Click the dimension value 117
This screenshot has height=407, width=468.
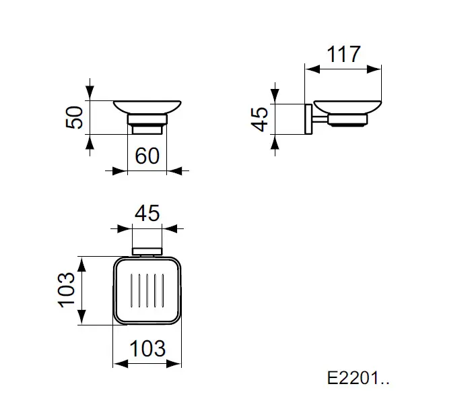tap(343, 55)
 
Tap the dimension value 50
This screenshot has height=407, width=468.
tap(74, 117)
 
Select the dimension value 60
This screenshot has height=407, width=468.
tap(147, 156)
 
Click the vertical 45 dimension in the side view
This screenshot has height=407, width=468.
tap(260, 119)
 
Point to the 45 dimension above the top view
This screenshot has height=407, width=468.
tap(147, 213)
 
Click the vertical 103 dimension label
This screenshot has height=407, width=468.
tap(66, 290)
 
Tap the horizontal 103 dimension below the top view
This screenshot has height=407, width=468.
tap(147, 348)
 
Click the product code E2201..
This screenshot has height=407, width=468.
tap(358, 378)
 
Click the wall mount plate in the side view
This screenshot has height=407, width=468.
tap(308, 119)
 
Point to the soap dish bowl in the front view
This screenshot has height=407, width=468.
tap(147, 107)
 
